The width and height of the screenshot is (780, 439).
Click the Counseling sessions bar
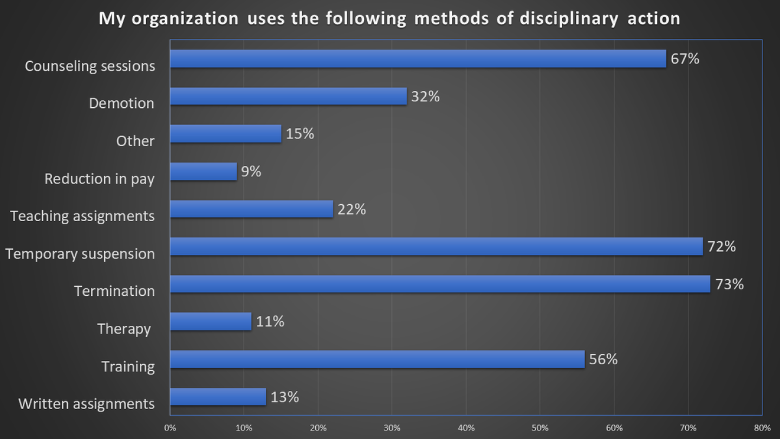pos(418,59)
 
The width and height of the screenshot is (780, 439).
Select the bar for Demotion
pos(288,96)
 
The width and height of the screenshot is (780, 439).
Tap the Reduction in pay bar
pos(203,171)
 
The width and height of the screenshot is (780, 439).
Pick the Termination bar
pos(440,284)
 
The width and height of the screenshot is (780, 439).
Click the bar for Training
pos(377,359)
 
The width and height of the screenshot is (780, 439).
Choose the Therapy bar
pos(211,321)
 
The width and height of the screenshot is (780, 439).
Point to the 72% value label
pos(722,247)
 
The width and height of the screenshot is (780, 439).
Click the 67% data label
pos(685,59)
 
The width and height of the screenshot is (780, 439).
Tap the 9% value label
pos(251,171)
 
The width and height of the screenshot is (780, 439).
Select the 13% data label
pos(285,397)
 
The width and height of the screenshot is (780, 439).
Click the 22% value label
pos(352,209)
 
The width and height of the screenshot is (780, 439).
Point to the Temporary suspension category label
pos(80,254)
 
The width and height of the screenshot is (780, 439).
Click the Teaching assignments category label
pos(82,216)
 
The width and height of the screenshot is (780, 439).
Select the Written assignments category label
pos(86,404)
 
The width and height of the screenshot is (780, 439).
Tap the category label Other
pos(135,141)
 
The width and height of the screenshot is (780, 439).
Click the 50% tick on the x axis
pos(540,428)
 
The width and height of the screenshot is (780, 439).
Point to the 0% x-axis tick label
pos(170,428)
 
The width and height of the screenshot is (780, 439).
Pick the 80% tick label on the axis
pos(762,428)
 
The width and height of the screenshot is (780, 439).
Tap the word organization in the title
pos(185,19)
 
